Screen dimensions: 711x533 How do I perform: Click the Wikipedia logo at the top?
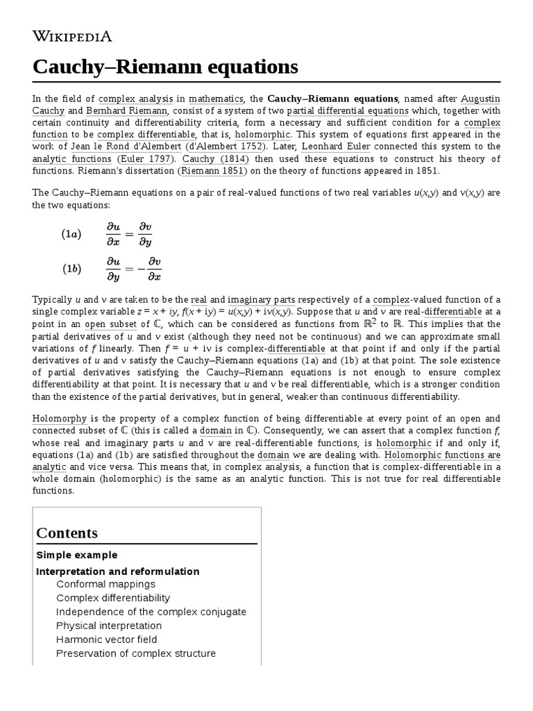tap(72, 36)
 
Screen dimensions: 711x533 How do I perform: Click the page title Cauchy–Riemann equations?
tap(165, 67)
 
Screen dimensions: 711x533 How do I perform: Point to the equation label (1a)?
tap(71, 234)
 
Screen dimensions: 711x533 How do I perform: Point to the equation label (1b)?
tap(71, 269)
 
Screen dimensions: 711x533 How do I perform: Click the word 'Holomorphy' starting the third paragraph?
tap(58, 419)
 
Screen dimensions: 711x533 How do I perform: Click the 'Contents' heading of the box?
tap(67, 533)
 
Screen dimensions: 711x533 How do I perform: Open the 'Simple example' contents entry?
tap(76, 555)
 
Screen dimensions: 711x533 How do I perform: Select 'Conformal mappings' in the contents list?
tap(105, 584)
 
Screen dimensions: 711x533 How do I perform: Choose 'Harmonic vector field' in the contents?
tap(106, 639)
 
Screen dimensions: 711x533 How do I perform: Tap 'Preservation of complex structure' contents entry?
tap(135, 653)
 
